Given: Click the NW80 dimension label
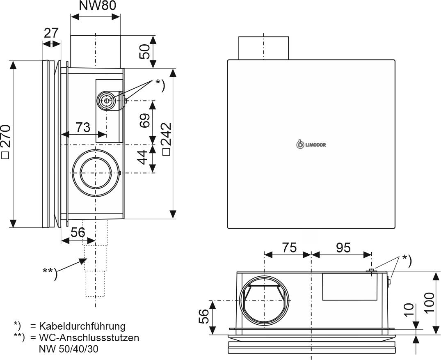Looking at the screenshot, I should point(96,6).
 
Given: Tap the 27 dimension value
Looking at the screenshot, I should point(51,33).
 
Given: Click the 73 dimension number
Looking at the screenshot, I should point(83,127).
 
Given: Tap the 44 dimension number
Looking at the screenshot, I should point(143,157).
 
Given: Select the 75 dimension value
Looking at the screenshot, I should point(289,248).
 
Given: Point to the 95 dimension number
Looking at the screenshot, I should point(343,248).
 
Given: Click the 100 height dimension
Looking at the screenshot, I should point(430,303).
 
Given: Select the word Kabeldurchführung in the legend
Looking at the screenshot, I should point(82,326).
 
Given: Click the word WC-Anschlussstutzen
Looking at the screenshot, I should point(89,338).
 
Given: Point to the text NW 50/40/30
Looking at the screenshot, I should point(69,349).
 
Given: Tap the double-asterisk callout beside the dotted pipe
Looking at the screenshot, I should point(50,274).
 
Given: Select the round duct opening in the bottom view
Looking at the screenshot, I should point(265,301).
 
